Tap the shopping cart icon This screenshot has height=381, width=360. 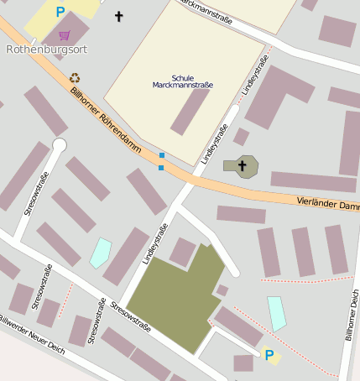click(65, 35)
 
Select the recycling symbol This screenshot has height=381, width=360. click(74, 77)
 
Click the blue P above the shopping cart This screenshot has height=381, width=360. click(60, 12)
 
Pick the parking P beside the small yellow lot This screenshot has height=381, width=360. click(269, 356)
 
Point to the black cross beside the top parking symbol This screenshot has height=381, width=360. click(118, 16)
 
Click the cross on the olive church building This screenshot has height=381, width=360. click(243, 165)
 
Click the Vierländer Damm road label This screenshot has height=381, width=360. click(327, 204)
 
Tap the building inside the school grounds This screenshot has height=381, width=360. click(190, 111)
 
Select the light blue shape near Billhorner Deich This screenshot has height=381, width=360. click(276, 313)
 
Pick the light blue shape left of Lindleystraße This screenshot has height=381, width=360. click(101, 253)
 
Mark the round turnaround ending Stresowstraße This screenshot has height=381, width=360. click(59, 145)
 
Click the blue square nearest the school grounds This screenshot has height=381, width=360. click(161, 155)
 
